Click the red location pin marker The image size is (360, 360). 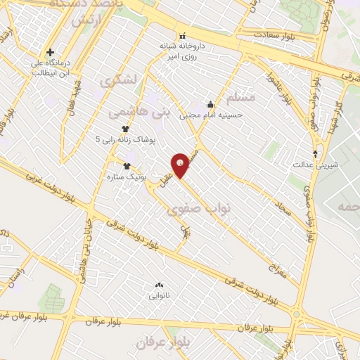tap(181, 165)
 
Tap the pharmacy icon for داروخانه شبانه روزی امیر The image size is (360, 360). tap(182, 36)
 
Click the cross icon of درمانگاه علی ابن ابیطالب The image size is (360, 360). tap(50, 52)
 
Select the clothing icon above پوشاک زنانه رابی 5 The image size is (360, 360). tap(125, 129)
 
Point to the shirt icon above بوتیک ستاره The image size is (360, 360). tap(127, 166)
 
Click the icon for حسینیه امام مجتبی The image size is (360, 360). tap(209, 104)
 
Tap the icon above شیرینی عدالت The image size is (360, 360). tap(315, 153)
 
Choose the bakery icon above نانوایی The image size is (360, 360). tap(159, 285)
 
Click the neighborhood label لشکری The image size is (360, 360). tap(115, 82)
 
